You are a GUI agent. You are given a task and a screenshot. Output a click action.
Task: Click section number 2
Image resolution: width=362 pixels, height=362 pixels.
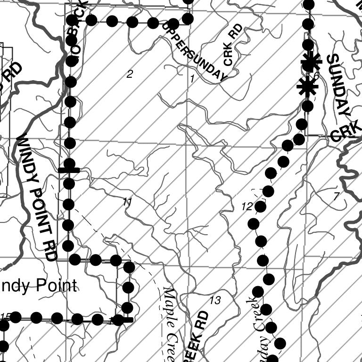point(130,74)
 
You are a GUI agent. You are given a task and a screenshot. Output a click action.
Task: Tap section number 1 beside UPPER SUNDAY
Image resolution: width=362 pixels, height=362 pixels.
point(192,78)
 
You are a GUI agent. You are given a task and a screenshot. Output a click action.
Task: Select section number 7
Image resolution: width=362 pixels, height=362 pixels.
point(336,197)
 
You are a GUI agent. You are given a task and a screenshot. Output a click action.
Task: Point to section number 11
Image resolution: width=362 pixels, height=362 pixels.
point(127,202)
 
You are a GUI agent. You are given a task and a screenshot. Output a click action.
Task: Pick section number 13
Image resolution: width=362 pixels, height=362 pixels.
point(215,300)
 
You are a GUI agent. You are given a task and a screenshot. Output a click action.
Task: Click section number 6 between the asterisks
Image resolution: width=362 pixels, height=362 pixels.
point(316,76)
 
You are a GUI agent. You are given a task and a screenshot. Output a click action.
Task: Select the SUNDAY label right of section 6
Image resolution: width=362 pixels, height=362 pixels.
point(339,85)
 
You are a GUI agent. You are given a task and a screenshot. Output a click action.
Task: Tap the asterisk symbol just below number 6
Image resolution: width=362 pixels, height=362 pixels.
point(307,87)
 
